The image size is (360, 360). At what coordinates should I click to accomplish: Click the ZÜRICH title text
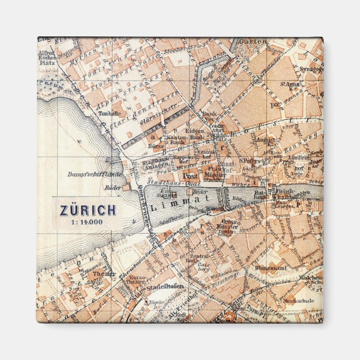[x=88, y=210]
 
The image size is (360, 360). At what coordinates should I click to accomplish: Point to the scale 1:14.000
[x=88, y=221]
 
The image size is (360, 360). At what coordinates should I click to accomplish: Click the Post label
[x=183, y=175]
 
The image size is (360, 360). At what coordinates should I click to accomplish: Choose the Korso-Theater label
[x=137, y=280]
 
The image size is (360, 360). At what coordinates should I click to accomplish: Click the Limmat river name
[x=188, y=198]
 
